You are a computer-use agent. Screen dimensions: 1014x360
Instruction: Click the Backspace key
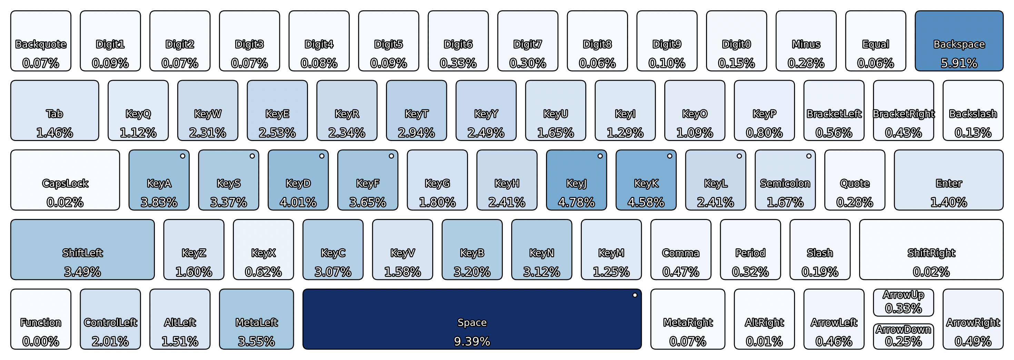pos(959,41)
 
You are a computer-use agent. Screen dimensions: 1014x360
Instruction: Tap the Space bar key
pos(472,319)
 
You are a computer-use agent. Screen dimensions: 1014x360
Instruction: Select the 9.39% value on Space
pos(472,341)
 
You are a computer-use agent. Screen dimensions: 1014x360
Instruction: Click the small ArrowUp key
pos(903,302)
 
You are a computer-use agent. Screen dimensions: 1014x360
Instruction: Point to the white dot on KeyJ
pos(600,156)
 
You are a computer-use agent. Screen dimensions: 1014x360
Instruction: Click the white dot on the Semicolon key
pos(808,156)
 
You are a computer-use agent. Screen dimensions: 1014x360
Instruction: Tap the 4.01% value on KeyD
pos(298,202)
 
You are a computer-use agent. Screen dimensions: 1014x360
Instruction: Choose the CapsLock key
pos(65,180)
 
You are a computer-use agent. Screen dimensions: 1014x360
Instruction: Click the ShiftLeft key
pos(82,249)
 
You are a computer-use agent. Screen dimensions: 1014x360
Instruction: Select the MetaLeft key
pos(256,319)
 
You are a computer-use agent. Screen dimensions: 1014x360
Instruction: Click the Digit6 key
pos(458,41)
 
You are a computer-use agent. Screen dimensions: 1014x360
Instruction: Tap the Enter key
pos(949,180)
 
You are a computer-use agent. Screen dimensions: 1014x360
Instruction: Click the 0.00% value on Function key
pos(41,341)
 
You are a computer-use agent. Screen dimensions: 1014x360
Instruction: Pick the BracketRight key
pos(903,111)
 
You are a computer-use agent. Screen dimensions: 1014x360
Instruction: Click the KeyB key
pos(472,249)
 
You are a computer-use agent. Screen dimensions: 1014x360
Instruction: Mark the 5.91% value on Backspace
pos(959,63)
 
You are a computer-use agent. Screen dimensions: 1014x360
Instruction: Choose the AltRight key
pos(764,319)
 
